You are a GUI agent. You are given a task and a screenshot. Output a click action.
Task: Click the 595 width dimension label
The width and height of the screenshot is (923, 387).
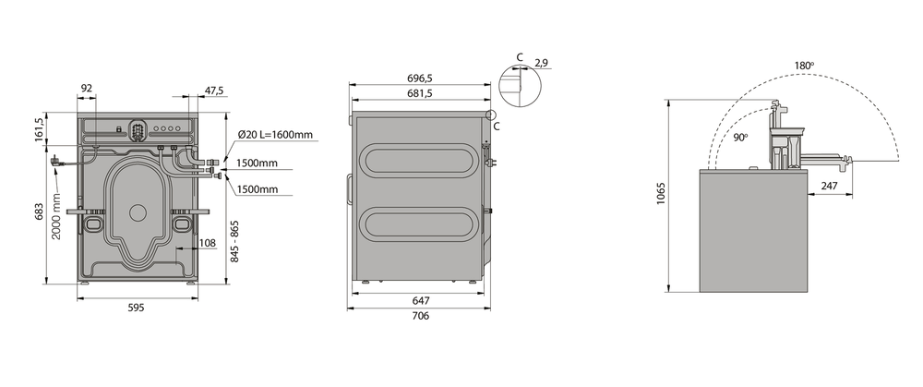pyautogui.click(x=136, y=307)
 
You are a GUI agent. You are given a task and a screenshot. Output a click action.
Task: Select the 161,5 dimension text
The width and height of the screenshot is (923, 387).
pyautogui.click(x=40, y=129)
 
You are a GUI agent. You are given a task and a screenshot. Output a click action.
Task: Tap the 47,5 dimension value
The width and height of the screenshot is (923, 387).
pyautogui.click(x=214, y=91)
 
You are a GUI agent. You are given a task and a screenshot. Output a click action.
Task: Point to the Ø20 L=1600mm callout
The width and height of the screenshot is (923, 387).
pyautogui.click(x=275, y=135)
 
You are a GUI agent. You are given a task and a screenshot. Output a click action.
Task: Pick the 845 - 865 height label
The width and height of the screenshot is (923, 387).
pyautogui.click(x=234, y=241)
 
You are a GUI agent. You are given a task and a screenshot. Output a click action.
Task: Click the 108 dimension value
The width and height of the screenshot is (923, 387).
pyautogui.click(x=207, y=243)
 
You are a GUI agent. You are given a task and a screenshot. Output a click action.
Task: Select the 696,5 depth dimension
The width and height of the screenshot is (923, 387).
pyautogui.click(x=420, y=79)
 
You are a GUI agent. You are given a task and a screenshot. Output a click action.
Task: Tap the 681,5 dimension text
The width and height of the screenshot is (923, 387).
pyautogui.click(x=420, y=93)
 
